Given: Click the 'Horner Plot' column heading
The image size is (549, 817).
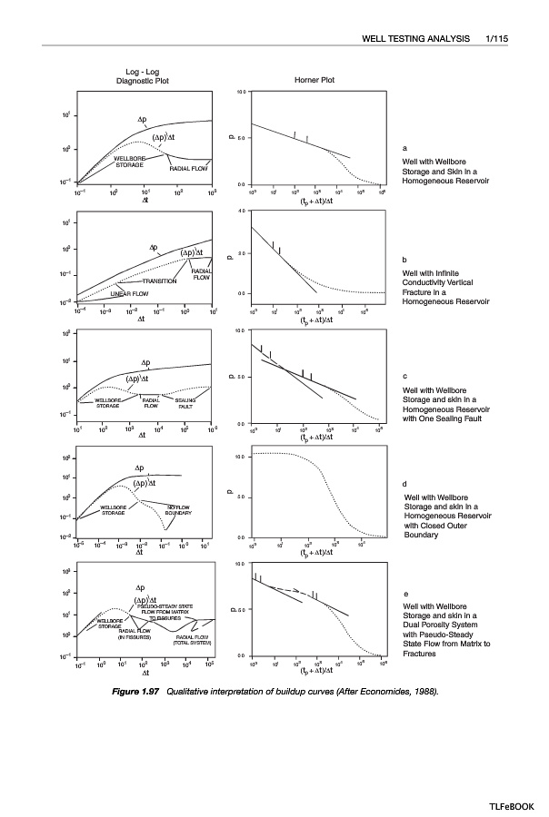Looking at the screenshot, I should click(x=315, y=80).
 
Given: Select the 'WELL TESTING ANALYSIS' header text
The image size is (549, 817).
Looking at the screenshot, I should click(x=417, y=39).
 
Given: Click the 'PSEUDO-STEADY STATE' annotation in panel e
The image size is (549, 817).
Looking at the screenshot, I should click(x=169, y=605).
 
